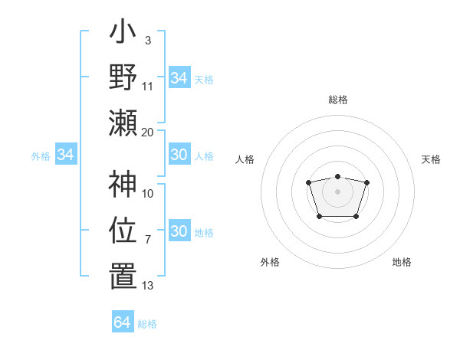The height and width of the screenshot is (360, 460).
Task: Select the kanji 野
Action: [123, 77]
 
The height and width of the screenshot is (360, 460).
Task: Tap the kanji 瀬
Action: [123, 123]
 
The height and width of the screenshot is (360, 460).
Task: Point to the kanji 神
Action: [123, 185]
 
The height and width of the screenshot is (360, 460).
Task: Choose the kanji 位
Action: [123, 230]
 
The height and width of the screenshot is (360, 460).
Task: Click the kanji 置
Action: [123, 277]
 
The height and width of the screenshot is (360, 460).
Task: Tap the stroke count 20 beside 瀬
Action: [148, 132]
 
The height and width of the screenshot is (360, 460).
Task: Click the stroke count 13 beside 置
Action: [148, 286]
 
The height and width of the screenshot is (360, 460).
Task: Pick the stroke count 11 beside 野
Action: [148, 87]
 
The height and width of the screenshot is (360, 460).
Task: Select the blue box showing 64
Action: [123, 322]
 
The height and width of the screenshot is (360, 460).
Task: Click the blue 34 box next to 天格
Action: [179, 78]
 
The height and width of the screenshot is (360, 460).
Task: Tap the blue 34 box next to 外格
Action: [66, 155]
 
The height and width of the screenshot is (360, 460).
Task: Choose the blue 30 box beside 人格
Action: [179, 155]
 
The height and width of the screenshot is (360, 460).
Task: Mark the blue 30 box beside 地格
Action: [179, 231]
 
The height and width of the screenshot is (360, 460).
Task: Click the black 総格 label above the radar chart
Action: [338, 100]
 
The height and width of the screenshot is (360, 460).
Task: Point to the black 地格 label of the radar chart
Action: [402, 262]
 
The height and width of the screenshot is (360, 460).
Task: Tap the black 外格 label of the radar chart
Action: [270, 262]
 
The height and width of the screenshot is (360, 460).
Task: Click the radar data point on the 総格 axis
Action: [337, 177]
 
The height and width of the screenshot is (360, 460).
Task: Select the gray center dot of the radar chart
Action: [337, 191]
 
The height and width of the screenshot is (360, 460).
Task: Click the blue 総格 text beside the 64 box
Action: [147, 323]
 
